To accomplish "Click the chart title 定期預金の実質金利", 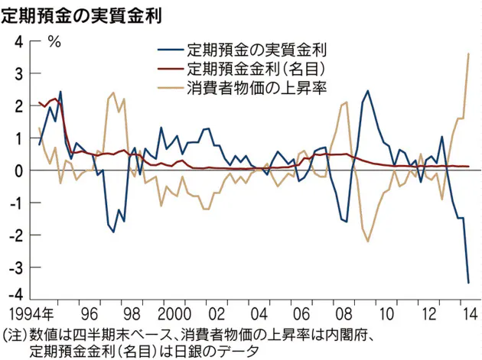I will point(86,14).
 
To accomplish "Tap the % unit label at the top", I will point(54,42).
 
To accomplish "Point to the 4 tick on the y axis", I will point(18,41).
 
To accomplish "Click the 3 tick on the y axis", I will point(18,73).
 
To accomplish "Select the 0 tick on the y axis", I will point(18,170).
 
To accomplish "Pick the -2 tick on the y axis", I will point(15,235).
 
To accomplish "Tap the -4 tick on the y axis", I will point(15,298).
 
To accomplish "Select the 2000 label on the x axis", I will point(174,313).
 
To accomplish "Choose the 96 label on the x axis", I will point(90,313).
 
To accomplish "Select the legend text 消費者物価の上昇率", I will point(257,86).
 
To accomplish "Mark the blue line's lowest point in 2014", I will point(468,283).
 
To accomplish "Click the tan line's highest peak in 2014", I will point(468,53).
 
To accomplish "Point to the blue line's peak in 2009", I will point(368,91).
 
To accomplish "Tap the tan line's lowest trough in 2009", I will point(368,242).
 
